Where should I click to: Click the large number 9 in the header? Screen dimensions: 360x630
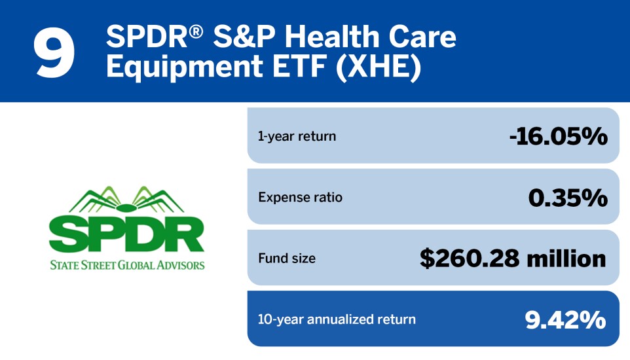(54, 52)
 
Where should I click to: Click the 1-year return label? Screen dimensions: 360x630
(297, 136)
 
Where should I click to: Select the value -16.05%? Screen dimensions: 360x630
(558, 136)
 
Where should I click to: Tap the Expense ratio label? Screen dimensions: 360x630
(300, 197)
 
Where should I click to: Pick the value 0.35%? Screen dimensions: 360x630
(568, 197)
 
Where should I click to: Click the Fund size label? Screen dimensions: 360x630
(286, 258)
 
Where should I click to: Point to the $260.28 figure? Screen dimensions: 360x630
(468, 258)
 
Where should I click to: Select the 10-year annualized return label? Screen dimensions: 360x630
(337, 319)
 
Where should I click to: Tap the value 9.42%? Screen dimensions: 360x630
(565, 319)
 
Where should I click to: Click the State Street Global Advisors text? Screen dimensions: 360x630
(127, 265)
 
